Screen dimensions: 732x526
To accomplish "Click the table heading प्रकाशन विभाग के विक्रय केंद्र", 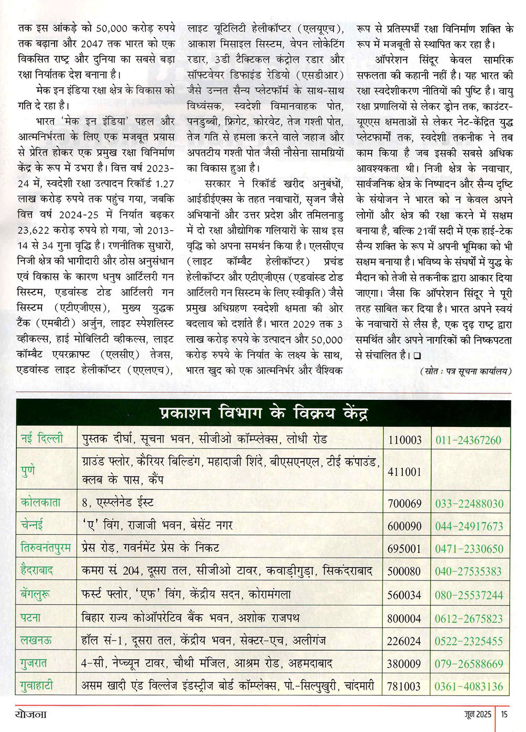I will click(x=263, y=413).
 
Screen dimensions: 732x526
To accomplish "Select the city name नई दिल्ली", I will click(x=42, y=438).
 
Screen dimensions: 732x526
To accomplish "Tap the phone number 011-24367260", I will click(x=468, y=440).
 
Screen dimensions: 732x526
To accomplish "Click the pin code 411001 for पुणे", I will click(x=404, y=472).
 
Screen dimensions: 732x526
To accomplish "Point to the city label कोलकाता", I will click(x=41, y=502).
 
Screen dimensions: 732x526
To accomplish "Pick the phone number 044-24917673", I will click(x=469, y=526).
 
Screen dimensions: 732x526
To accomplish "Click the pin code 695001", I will click(x=404, y=548).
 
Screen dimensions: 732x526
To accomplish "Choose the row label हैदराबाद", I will click(x=37, y=571).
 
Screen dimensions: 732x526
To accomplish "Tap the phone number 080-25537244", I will click(x=469, y=595).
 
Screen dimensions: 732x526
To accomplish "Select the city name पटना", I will click(x=31, y=618).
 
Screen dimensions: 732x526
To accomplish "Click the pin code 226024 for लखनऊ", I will click(x=404, y=641).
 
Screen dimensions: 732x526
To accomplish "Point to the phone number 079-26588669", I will click(x=469, y=664).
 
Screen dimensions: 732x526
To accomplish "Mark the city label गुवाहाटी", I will click(x=37, y=686).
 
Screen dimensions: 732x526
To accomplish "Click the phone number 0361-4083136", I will click(x=469, y=686).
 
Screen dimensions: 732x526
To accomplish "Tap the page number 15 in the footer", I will click(x=504, y=714).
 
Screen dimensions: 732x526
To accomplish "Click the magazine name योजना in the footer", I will click(x=31, y=714).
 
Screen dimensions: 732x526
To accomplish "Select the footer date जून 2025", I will click(x=478, y=714).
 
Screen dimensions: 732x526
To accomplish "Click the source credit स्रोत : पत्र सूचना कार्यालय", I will click(x=466, y=371).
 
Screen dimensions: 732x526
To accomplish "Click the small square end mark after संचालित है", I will click(x=417, y=356).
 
